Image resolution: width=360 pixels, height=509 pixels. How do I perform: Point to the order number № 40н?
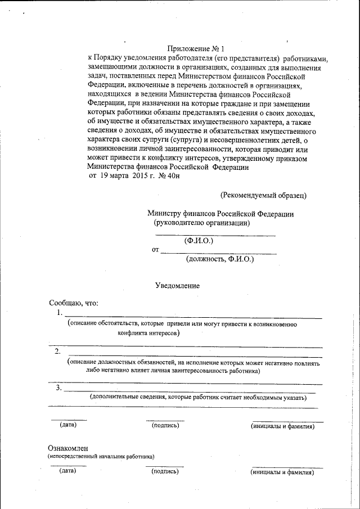170,176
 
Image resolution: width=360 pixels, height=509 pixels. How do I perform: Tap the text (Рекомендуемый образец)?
263,195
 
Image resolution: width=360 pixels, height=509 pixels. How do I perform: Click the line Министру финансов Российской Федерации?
220,214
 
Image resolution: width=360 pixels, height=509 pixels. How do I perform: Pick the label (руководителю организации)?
202,223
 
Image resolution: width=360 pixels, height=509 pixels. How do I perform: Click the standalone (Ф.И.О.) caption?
199,241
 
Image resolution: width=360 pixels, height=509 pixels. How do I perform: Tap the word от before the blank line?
155,250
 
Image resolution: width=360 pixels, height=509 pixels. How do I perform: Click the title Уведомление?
177,286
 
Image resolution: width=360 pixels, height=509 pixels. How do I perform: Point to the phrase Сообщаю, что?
74,303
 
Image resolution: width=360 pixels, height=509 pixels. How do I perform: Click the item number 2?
57,352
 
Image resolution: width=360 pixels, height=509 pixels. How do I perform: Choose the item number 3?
58,388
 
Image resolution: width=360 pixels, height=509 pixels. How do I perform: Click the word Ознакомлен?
68,448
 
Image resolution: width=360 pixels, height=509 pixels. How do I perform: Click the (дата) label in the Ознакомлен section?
67,471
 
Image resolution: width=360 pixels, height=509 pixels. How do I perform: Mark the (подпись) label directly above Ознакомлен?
165,425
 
